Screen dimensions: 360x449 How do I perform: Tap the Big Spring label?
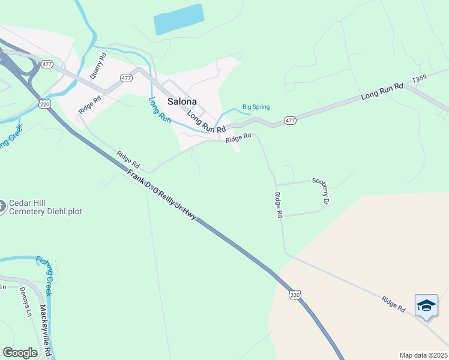(256, 107)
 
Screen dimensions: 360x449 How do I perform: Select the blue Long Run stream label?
(160, 110)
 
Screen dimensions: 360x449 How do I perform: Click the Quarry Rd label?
(98, 67)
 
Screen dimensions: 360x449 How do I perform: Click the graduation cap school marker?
(426, 305)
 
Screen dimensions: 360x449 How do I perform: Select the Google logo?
(20, 353)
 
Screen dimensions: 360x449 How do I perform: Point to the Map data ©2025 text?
(423, 355)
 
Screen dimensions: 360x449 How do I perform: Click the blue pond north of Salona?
(178, 20)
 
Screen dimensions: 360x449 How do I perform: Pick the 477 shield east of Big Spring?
(291, 121)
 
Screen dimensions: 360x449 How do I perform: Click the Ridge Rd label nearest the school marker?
(393, 304)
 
